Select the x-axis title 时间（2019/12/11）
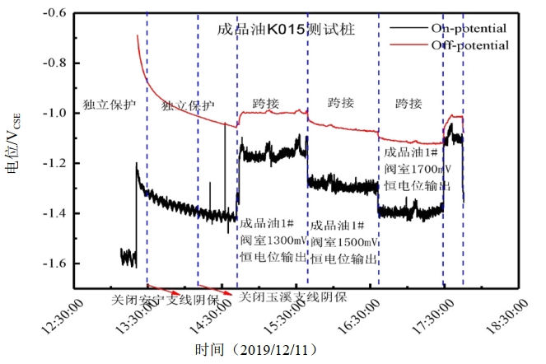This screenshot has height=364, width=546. pos(254,349)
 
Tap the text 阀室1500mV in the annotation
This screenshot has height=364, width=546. pos(343,241)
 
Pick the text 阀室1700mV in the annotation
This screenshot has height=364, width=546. pos(418,169)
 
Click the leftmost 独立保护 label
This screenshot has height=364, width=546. pos(110,105)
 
